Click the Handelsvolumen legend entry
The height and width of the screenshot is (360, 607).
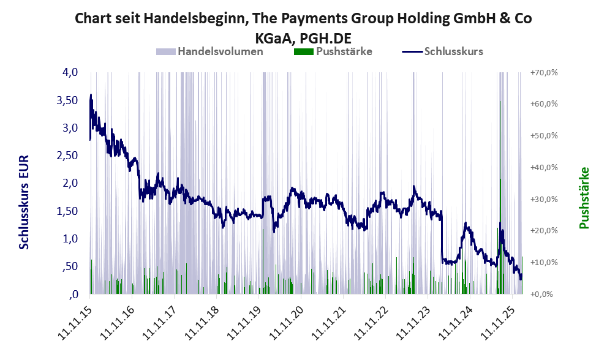[221, 51]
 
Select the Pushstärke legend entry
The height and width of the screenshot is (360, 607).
[344, 51]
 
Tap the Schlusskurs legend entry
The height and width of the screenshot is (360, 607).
[453, 51]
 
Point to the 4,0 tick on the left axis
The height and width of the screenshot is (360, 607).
[69, 72]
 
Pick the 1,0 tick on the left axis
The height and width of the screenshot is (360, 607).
[69, 239]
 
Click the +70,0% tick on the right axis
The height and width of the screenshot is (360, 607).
[543, 72]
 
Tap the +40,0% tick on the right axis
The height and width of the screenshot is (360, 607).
[543, 167]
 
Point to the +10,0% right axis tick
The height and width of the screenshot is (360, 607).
[543, 262]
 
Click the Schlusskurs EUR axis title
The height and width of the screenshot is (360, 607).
[25, 202]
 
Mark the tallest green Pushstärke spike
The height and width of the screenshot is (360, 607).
[500, 104]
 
